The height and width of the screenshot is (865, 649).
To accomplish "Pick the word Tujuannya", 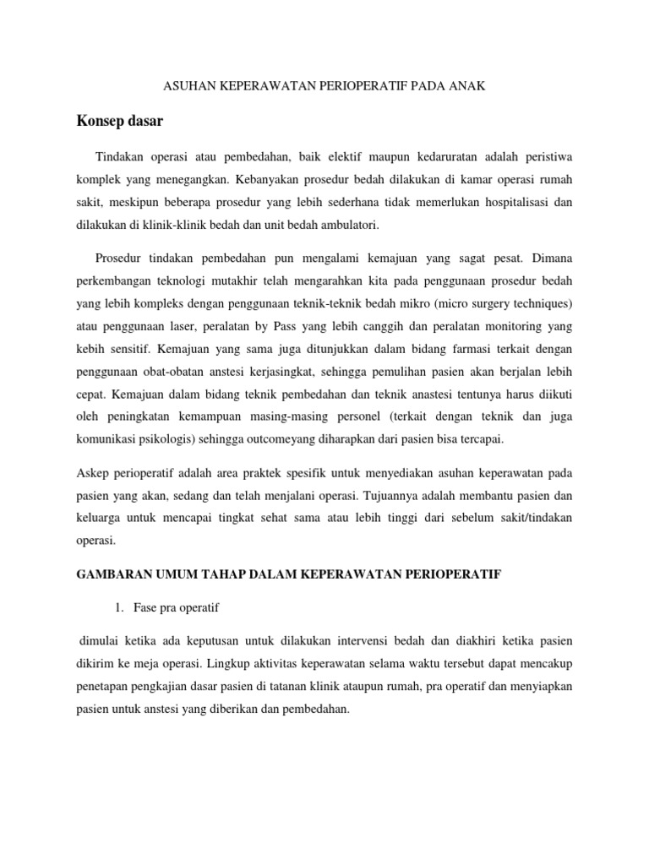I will pyautogui.click(x=387, y=498).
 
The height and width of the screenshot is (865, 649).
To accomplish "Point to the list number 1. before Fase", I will pyautogui.click(x=117, y=609).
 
